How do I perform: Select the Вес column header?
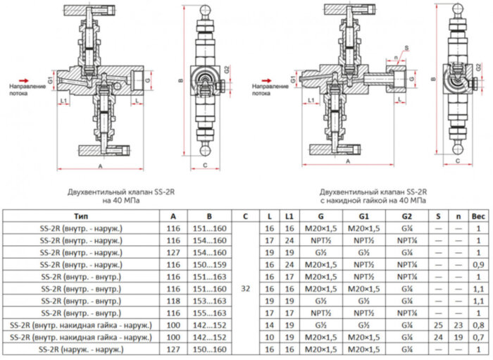click(x=478, y=216)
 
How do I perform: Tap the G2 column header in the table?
click(x=407, y=216)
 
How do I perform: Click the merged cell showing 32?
click(x=244, y=288)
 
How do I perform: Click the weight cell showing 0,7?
click(x=478, y=337)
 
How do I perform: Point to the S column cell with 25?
click(x=439, y=325)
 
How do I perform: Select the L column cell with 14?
click(x=269, y=325)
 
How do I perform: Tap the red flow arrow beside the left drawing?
click(x=23, y=81)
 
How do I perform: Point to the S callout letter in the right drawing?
click(x=406, y=49)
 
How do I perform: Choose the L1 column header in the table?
click(x=288, y=216)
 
